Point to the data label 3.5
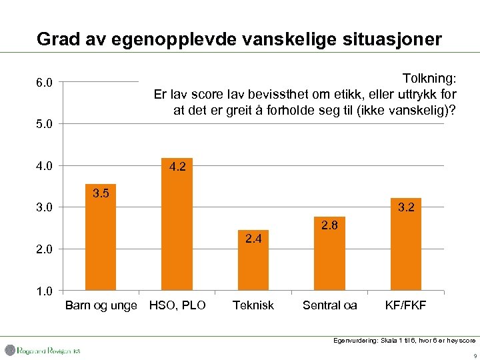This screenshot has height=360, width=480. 101,194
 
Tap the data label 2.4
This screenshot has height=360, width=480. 253,239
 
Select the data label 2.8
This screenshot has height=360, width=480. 329,225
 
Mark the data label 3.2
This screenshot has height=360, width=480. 405,207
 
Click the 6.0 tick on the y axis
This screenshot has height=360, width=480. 45,83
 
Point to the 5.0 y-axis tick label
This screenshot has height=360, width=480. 45,124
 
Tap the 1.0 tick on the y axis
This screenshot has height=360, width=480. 45,291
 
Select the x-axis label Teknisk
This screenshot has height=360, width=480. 253,305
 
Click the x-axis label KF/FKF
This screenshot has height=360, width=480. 405,305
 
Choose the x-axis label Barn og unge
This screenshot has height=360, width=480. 101,305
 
